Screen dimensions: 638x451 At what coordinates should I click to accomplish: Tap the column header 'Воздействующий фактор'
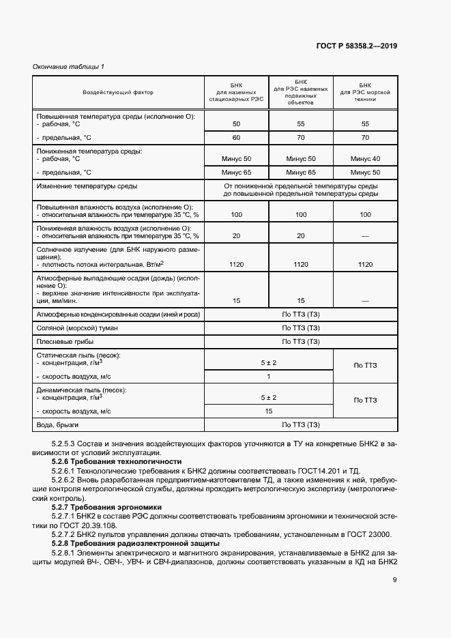(x=118, y=91)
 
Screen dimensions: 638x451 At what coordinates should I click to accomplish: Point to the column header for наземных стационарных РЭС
(x=236, y=91)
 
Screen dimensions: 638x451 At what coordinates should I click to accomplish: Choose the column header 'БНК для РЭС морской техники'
(x=364, y=91)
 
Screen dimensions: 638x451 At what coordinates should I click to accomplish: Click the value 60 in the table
(x=236, y=138)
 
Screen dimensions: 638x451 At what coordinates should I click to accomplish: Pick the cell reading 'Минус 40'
(x=364, y=158)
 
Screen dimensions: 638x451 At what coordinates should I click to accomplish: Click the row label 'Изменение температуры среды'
(x=86, y=186)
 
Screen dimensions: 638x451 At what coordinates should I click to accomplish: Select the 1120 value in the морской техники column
(x=364, y=264)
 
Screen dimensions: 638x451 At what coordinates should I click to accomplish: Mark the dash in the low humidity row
(x=364, y=236)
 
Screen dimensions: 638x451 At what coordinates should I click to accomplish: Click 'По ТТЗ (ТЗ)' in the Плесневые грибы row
(x=300, y=341)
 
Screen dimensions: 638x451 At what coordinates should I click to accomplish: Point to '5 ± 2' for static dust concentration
(x=268, y=363)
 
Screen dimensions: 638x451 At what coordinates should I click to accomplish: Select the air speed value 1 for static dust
(x=268, y=377)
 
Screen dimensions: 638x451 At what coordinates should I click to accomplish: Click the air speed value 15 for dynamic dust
(x=268, y=411)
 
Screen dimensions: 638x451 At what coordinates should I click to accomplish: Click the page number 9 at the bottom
(x=394, y=580)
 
